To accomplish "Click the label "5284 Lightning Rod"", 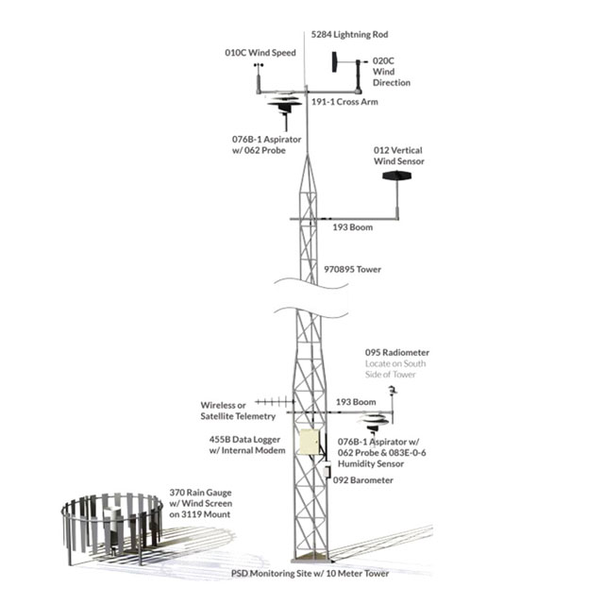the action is tap(349, 35).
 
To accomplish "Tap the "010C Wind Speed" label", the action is tap(260, 53).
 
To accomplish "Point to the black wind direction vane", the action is tap(335, 62).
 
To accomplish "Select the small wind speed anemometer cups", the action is tap(259, 65).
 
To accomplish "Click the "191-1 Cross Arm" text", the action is tap(344, 102).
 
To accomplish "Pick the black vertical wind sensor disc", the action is tap(396, 176).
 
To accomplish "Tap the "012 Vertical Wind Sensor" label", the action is tap(398, 156).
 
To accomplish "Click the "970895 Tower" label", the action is tap(352, 269).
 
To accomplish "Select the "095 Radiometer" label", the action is tap(397, 352).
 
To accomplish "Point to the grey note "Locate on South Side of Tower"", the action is tap(395, 369).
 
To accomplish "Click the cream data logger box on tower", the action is tap(309, 442).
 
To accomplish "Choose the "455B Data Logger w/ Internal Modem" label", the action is tap(247, 445).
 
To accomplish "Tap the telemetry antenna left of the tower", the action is tap(275, 402).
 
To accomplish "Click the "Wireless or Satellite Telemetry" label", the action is tap(238, 411).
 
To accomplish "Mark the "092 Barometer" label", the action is tap(362, 480).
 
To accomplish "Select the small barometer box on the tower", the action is tap(327, 470).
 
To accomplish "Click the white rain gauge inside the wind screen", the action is tap(113, 525).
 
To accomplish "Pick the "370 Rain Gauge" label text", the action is tap(201, 493).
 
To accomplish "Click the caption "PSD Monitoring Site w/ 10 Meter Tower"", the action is tap(310, 574).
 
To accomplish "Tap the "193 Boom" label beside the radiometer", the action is tap(356, 402).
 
